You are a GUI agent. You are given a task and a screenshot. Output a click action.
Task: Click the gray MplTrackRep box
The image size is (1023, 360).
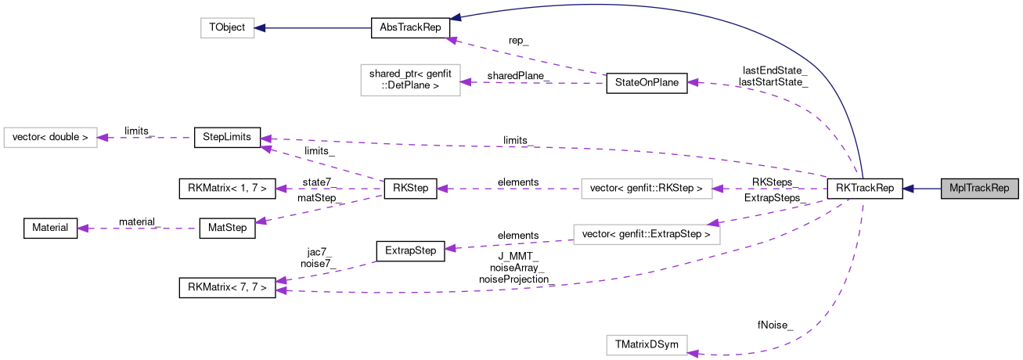click(x=978, y=189)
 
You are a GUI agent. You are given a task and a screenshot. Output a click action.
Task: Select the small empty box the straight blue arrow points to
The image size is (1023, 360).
click(x=227, y=28)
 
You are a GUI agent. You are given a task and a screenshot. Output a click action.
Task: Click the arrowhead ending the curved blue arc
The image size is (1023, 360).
click(x=454, y=17)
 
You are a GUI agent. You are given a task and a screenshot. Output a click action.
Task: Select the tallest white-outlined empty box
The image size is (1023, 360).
click(x=410, y=80)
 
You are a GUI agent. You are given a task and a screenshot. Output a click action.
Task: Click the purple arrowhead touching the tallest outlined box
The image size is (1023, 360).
click(x=466, y=82)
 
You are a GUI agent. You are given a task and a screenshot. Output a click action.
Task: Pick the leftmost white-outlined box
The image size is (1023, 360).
click(x=50, y=138)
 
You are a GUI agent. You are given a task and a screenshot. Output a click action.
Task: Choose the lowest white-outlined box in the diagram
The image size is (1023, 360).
click(x=647, y=345)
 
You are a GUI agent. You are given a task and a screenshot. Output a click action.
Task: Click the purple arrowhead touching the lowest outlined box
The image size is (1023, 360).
click(x=693, y=354)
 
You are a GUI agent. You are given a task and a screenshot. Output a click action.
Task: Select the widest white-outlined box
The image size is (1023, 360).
click(x=647, y=235)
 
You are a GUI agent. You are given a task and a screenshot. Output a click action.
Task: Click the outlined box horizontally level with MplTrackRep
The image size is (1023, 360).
click(x=647, y=189)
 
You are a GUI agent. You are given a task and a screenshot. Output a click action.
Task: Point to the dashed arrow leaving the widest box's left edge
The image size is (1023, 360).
click(x=509, y=245)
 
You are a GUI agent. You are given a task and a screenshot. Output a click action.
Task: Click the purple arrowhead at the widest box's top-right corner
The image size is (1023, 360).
click(x=714, y=223)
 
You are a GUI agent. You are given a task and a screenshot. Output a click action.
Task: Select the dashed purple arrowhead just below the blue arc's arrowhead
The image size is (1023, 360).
click(x=451, y=39)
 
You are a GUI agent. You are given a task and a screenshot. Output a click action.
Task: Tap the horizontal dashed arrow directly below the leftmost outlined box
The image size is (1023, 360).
click(x=137, y=229)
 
